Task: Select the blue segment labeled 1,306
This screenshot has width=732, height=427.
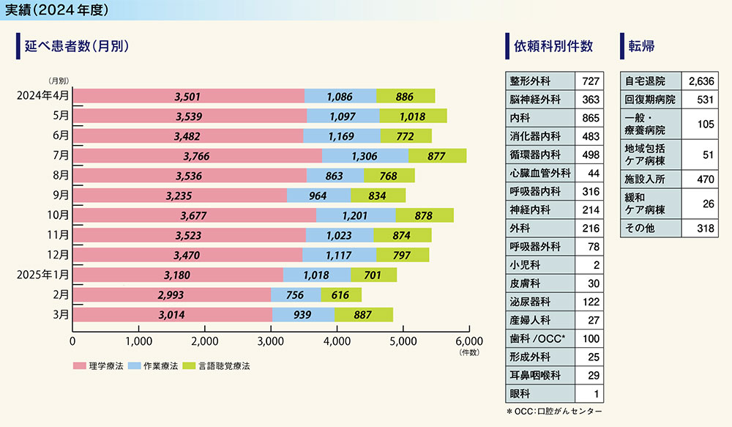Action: click(365, 155)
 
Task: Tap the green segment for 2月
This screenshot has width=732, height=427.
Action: click(341, 294)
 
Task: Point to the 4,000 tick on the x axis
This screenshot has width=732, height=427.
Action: click(337, 341)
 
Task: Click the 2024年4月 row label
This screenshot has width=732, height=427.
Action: click(43, 95)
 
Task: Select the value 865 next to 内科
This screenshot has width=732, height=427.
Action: click(591, 116)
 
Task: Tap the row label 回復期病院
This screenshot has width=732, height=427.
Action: click(650, 98)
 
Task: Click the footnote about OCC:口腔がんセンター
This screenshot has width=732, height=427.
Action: click(554, 412)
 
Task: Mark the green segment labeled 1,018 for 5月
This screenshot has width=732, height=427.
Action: click(413, 116)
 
